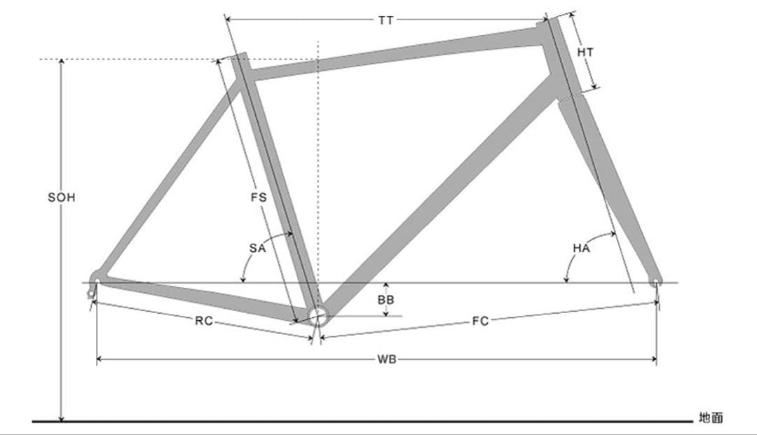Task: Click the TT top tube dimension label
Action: coord(386,20)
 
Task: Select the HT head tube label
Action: coord(585,53)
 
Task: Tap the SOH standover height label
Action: coord(61,198)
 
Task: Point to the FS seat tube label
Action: coord(259,198)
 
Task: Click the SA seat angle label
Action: coord(257,247)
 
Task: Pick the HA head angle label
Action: coord(581,247)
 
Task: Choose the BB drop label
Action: coord(386,300)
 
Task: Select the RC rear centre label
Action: coord(203,322)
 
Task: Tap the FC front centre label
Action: coord(480,322)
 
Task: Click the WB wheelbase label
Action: coord(386,360)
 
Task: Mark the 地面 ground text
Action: coord(710,418)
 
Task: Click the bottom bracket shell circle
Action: coord(318,316)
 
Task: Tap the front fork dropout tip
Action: coord(655,282)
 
